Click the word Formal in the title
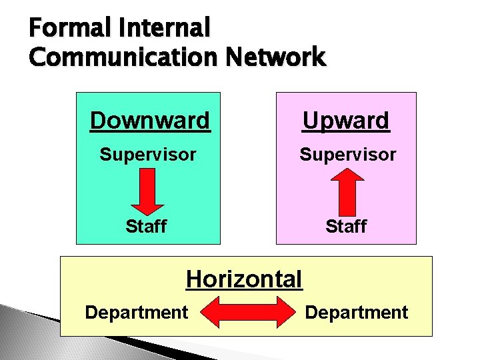coord(61,28)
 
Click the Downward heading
coord(149,121)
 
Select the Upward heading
coord(345,121)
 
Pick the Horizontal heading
coord(244,279)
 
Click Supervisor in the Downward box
coord(148,155)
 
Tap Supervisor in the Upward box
coord(347,155)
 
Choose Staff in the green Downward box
coord(146,227)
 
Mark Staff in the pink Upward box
coord(346,227)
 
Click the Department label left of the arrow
coord(137,312)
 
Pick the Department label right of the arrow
coord(357,312)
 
